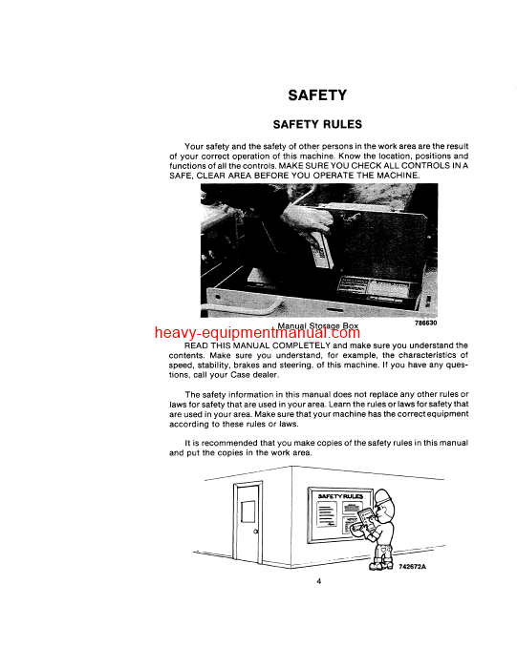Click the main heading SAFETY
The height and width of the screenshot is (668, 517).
[317, 94]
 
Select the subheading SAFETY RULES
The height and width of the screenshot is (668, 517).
[317, 124]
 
